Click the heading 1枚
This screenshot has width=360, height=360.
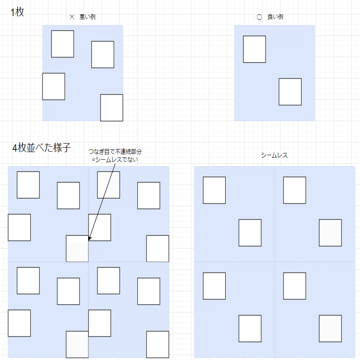(17, 12)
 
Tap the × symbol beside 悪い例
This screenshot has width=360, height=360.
(72, 17)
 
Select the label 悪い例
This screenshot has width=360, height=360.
(87, 17)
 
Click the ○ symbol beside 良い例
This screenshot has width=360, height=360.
(259, 17)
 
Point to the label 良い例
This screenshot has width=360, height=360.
(275, 17)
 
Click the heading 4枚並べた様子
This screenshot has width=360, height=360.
(42, 148)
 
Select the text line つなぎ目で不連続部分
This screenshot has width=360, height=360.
(115, 152)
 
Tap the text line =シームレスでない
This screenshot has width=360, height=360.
(115, 159)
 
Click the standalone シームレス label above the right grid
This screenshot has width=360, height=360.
(274, 155)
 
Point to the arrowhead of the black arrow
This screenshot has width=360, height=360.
(89, 239)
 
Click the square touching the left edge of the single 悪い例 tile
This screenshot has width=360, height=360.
(54, 86)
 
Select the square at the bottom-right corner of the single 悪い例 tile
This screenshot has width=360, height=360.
(112, 108)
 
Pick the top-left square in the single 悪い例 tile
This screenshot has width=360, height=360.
(63, 44)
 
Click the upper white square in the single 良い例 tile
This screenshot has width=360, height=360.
(254, 49)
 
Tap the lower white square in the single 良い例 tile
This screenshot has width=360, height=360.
(290, 92)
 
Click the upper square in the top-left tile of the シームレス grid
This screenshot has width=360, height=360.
(215, 190)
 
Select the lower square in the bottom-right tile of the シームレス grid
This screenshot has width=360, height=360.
(330, 329)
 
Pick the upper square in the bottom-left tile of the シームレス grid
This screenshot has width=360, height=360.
(215, 286)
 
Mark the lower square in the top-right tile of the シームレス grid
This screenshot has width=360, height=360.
(330, 233)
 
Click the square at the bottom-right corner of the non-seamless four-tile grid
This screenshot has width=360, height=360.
(158, 344)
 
